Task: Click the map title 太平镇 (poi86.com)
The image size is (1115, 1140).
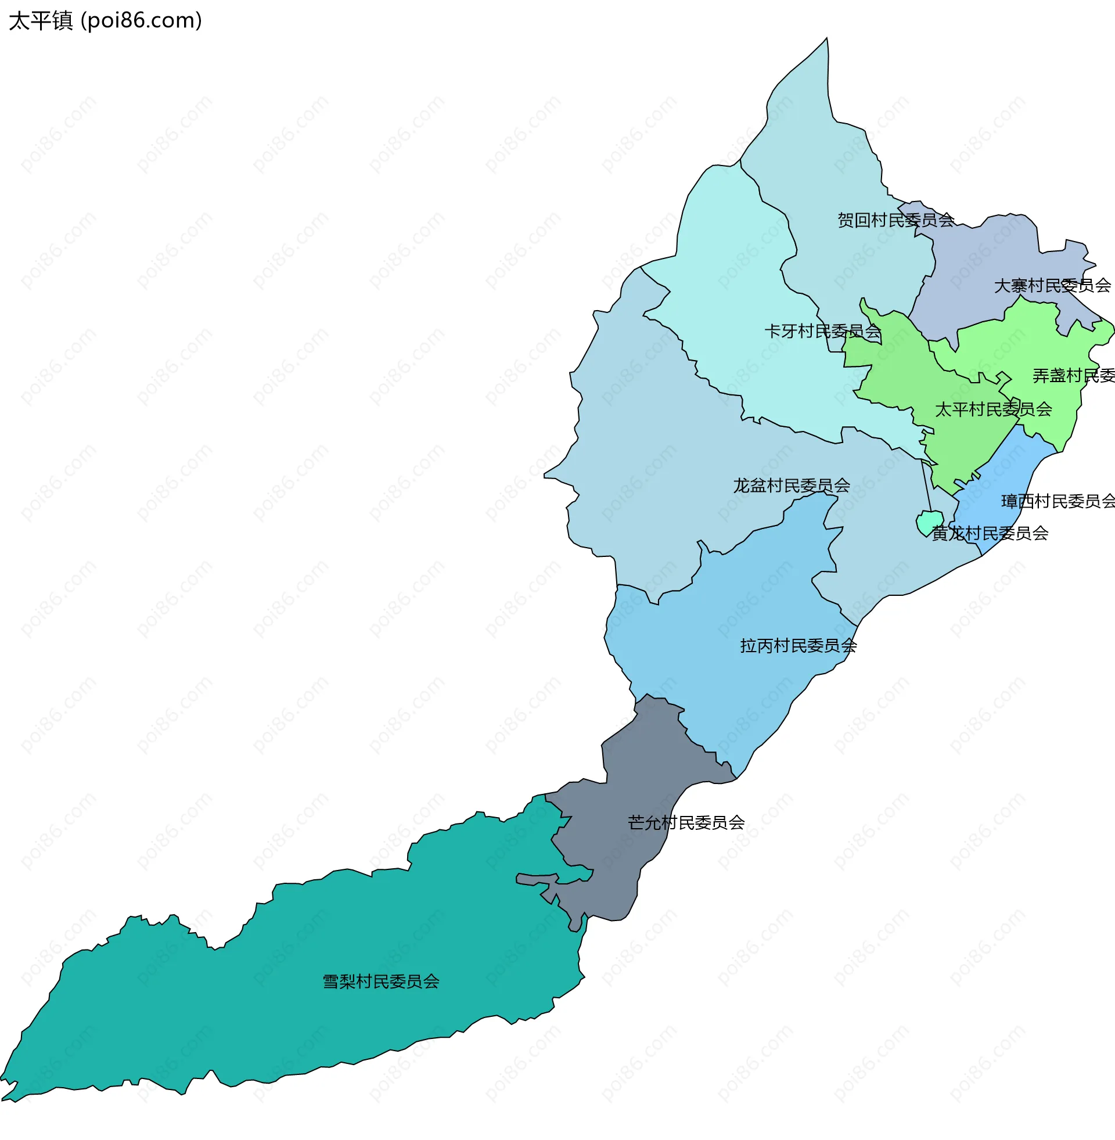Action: tap(106, 21)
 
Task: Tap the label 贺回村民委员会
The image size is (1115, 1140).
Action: tap(895, 220)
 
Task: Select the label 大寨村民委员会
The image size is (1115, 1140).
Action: tap(1052, 286)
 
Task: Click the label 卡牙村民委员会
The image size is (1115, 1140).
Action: tap(823, 332)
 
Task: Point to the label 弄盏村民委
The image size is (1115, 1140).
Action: tap(1073, 376)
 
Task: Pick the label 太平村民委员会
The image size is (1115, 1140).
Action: tap(993, 409)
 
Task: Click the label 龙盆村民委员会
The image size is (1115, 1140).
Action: tap(791, 486)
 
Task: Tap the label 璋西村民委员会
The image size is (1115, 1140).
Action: tap(1058, 501)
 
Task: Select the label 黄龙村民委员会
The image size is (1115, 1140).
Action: tap(990, 533)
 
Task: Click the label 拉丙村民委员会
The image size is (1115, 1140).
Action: tap(798, 646)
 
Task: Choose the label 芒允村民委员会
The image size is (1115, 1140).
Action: tap(686, 823)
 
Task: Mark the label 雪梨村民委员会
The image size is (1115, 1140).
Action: tap(380, 981)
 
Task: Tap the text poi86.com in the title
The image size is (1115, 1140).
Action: tap(141, 21)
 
